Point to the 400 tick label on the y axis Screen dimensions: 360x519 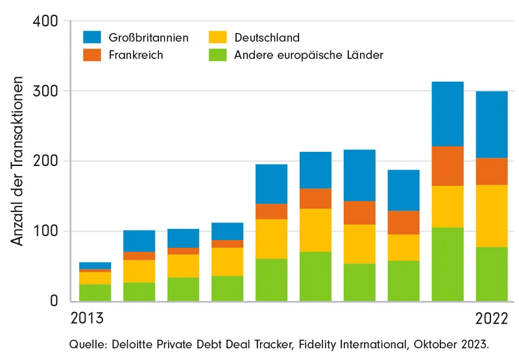tap(45, 21)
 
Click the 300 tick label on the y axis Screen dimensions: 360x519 tap(45, 91)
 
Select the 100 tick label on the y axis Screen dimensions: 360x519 tap(45, 232)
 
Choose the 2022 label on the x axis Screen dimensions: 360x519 tap(492, 319)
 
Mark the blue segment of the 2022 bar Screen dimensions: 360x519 tap(492, 125)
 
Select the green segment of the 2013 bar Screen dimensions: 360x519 tap(95, 293)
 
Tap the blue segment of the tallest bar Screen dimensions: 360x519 tap(448, 114)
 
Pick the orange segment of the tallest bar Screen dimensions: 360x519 tap(448, 166)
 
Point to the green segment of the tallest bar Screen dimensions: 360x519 tap(448, 264)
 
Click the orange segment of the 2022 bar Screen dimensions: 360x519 tap(492, 171)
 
